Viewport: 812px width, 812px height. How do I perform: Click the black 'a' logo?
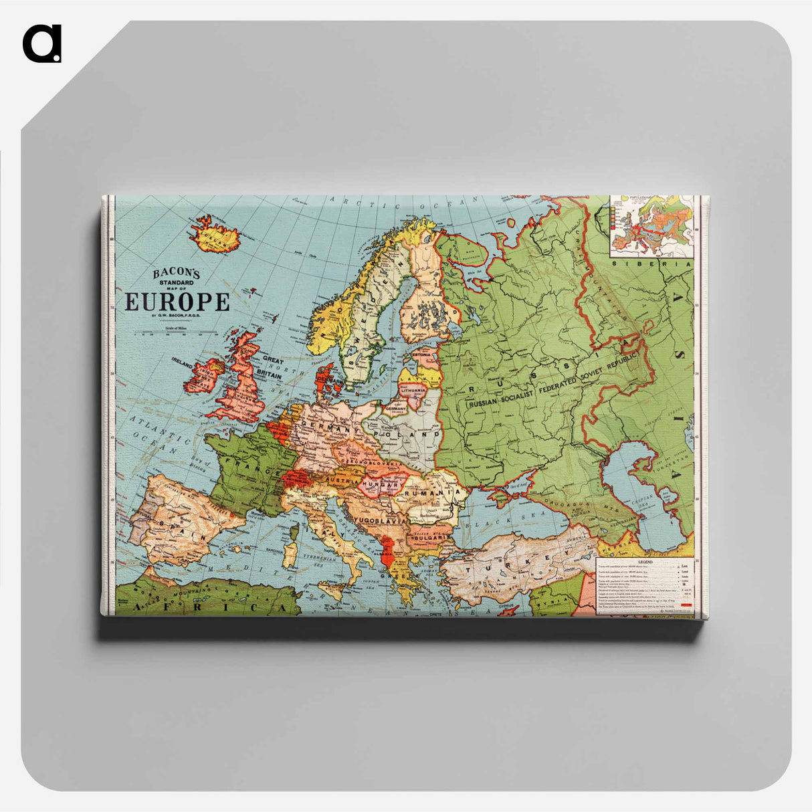click(42, 44)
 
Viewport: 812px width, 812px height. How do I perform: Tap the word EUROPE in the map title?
click(177, 302)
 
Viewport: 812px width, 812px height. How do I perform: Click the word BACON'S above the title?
click(177, 273)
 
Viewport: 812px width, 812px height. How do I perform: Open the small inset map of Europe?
click(651, 225)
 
